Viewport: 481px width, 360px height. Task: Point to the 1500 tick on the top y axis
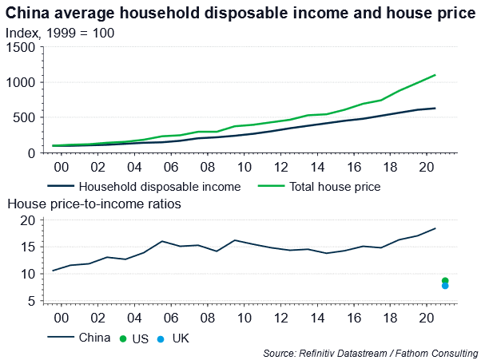[21, 47]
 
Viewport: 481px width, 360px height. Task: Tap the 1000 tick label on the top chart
[21, 82]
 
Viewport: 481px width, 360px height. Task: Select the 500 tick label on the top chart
[24, 117]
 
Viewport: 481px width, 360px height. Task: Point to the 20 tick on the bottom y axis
[27, 220]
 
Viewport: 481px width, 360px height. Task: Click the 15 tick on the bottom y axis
[27, 247]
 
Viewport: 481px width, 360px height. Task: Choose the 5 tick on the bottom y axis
[30, 301]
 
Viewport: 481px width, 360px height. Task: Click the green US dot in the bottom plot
[445, 280]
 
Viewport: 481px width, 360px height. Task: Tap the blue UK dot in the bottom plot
[445, 286]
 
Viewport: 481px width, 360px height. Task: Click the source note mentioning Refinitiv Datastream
[369, 352]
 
